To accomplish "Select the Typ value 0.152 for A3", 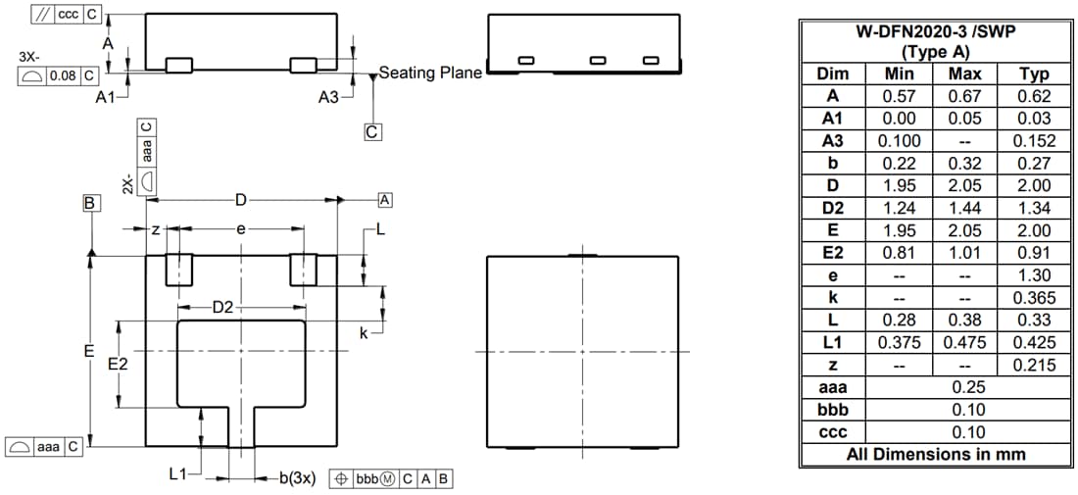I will [x=1034, y=141].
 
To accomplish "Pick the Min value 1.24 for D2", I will [x=899, y=208].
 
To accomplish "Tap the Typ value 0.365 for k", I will [x=1034, y=297].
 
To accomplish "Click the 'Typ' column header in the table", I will [x=1034, y=74].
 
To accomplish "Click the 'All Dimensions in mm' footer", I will [x=936, y=454].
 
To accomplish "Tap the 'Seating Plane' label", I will [x=430, y=72].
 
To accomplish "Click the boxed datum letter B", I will [x=90, y=203].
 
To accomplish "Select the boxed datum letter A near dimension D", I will [x=385, y=200].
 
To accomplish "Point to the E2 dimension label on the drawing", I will [x=118, y=364].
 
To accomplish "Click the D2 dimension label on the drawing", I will [x=224, y=308].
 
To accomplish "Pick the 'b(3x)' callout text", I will [x=297, y=477].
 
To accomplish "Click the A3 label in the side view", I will [x=329, y=97].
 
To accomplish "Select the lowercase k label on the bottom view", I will [x=364, y=333].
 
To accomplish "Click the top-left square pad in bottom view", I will [x=178, y=270].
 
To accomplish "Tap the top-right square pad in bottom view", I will [x=303, y=270].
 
